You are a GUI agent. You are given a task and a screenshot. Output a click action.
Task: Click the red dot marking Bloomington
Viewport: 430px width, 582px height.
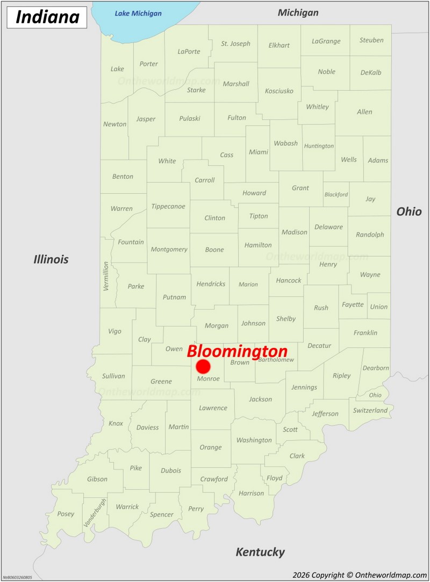point(203,367)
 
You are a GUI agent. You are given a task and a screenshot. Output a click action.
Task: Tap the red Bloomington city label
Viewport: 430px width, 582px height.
point(237,351)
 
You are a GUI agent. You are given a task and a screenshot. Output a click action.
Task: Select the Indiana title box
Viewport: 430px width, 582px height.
point(47,17)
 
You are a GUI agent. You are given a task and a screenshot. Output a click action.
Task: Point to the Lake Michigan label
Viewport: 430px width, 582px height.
point(138,13)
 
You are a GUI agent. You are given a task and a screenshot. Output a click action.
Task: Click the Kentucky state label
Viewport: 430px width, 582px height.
point(260,552)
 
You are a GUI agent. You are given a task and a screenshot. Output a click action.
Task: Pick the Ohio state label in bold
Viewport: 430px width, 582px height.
point(409,212)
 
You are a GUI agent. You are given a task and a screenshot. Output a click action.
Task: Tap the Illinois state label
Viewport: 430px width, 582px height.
point(51,259)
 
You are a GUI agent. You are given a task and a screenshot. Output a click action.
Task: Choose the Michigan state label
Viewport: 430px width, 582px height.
point(298,12)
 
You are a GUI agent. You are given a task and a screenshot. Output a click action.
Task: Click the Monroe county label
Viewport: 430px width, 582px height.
point(208,379)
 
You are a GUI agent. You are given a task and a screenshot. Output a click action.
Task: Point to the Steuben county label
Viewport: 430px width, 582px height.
point(371,40)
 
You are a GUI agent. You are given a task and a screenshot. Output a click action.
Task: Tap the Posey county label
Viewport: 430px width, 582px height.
point(66,514)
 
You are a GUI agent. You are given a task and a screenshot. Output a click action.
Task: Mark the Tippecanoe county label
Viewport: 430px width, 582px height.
point(168,206)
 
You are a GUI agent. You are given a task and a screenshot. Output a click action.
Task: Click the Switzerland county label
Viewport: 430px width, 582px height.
point(370,410)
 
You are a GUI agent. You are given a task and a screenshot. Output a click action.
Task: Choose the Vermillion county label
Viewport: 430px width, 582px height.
point(106,276)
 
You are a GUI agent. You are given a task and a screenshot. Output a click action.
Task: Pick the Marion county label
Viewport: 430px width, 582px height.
point(248,285)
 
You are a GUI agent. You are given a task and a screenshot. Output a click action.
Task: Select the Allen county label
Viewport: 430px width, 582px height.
point(364,112)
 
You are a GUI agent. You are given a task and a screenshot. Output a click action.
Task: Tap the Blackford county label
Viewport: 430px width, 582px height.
point(336,194)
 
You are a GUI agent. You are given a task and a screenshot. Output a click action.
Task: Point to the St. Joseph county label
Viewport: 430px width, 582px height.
point(235,43)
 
